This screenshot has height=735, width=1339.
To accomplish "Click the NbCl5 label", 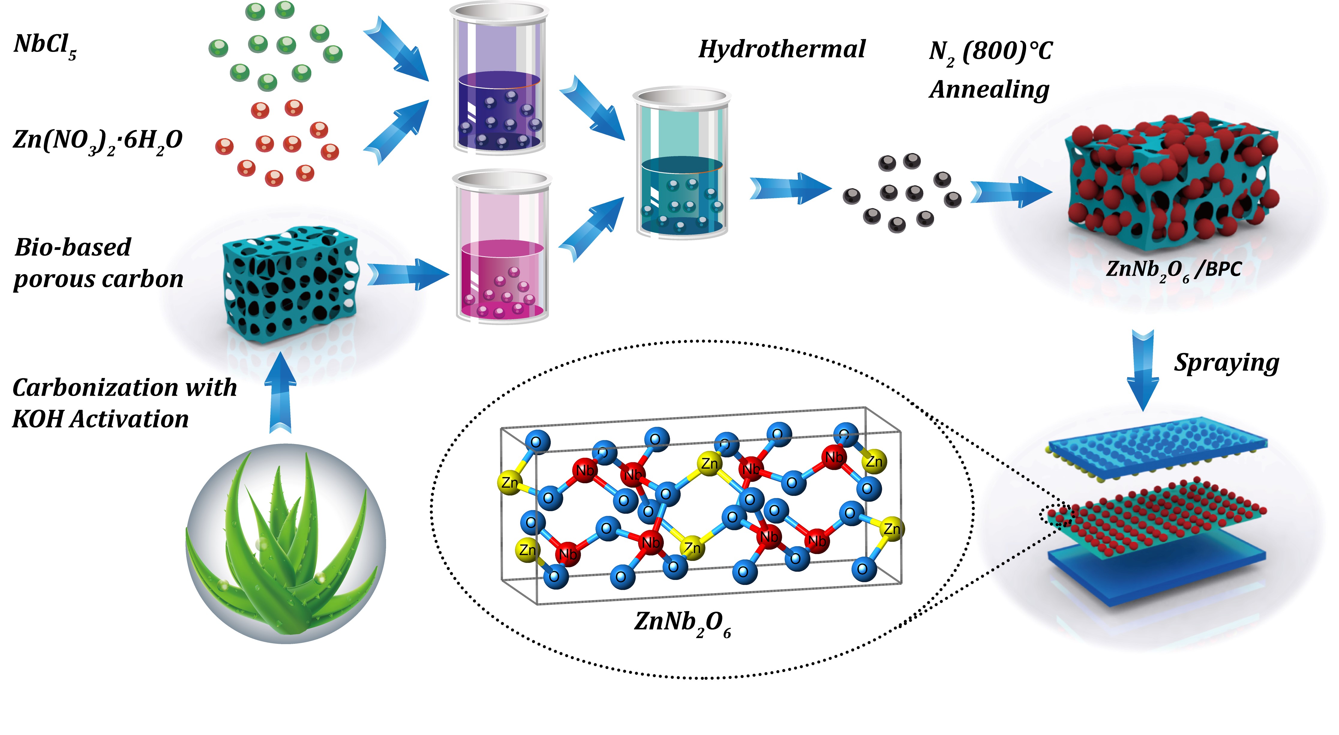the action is (45, 46).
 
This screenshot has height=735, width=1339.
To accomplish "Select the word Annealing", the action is (990, 90).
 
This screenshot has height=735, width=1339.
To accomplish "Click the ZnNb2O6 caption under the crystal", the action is (682, 623).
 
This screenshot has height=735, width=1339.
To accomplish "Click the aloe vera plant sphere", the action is (286, 543).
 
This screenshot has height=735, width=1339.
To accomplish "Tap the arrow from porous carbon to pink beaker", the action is (408, 273).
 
